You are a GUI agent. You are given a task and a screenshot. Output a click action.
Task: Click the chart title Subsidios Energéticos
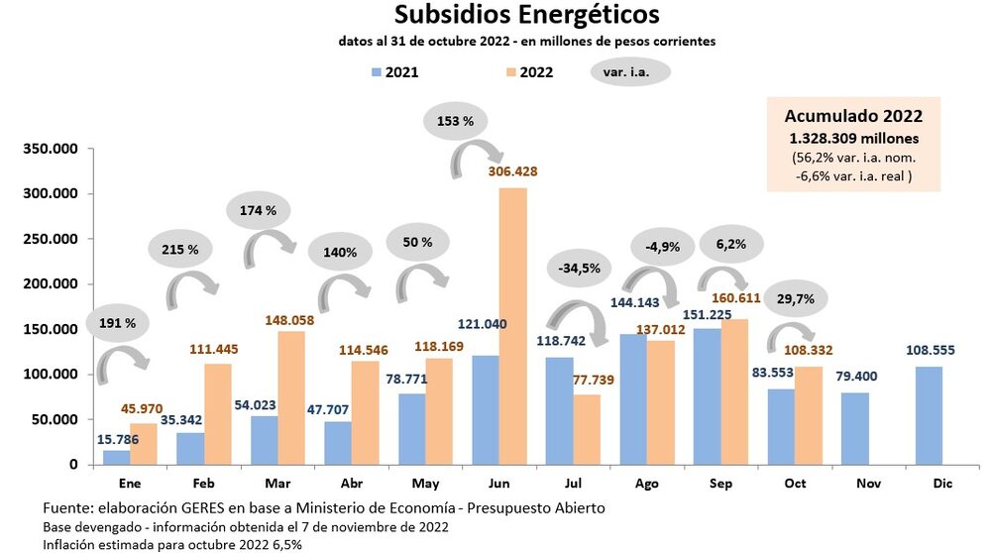click(526, 16)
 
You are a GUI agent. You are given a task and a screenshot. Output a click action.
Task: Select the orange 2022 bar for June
click(512, 326)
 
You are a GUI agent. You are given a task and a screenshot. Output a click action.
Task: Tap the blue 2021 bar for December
click(929, 415)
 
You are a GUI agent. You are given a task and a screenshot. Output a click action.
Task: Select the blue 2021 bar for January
click(117, 457)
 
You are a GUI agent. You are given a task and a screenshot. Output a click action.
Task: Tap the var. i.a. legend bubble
click(630, 71)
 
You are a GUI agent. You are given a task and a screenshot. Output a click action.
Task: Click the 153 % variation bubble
click(456, 122)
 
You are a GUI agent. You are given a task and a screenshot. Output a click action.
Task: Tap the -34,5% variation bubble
click(579, 268)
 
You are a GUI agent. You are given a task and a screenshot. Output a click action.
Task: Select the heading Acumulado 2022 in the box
click(853, 116)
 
